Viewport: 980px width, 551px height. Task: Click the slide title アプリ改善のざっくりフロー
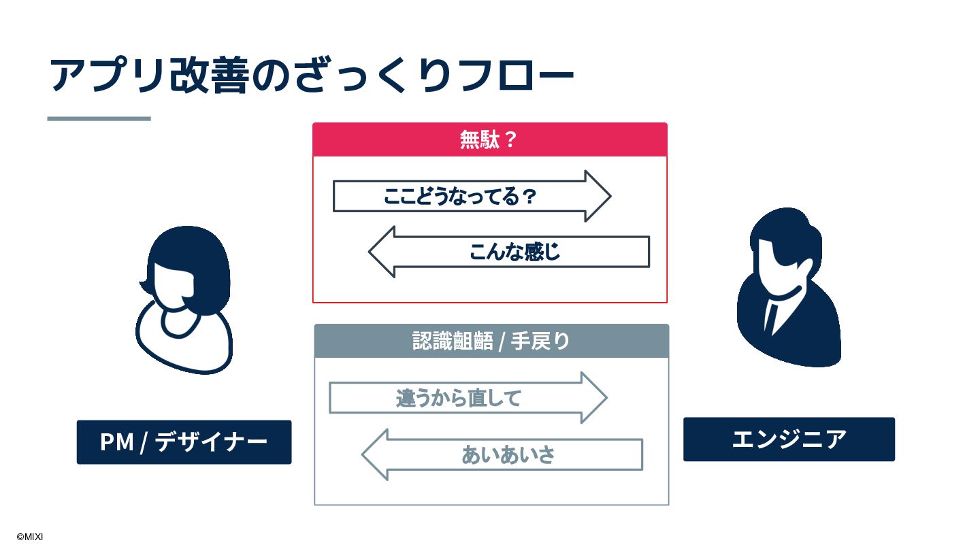312,75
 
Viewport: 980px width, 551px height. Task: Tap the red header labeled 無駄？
489,140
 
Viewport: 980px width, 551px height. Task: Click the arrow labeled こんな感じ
514,252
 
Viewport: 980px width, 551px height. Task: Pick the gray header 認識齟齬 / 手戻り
491,341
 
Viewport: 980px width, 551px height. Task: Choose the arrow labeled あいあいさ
508,454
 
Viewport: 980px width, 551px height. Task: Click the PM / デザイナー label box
184,442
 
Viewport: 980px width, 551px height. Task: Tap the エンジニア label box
789,439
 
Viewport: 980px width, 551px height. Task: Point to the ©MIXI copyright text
30,537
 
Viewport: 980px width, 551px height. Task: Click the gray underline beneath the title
99,118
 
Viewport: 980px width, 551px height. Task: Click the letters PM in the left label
116,442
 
